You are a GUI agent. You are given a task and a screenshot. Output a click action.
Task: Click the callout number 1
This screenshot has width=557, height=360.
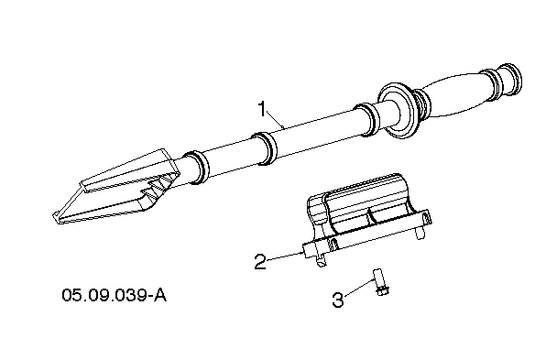pos(262,109)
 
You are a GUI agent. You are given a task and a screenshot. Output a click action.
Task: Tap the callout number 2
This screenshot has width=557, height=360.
pos(260,261)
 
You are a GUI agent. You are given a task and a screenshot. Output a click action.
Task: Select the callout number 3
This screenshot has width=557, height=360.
pos(338,300)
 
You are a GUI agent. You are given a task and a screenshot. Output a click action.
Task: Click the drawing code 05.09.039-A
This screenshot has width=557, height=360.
pos(114,295)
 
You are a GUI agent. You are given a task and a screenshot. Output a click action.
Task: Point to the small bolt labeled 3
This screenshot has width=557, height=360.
pos(381,282)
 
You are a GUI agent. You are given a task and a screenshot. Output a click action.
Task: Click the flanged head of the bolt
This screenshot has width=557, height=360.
pos(382,291)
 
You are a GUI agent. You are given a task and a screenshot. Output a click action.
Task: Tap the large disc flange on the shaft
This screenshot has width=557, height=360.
pos(398,110)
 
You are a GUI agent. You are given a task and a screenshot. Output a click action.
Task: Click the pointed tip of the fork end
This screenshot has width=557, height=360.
pos(55,218)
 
